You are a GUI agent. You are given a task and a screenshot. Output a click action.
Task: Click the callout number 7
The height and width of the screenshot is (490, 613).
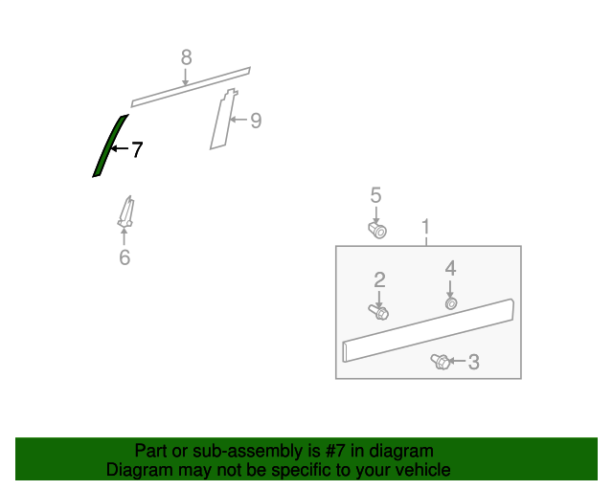pos(137,149)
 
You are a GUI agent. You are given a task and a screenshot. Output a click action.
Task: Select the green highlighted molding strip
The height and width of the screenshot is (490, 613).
pos(109,146)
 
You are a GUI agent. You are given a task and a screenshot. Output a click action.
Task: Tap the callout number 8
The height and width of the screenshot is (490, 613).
pos(187,57)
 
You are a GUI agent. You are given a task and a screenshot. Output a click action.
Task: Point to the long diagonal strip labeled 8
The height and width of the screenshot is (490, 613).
pos(191,87)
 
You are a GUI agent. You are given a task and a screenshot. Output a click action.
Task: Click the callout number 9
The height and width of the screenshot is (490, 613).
pos(256,121)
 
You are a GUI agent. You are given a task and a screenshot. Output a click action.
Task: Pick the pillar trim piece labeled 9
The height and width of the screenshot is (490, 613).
pos(223,119)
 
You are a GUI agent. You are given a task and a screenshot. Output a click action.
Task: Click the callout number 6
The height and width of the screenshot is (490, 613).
pos(125,257)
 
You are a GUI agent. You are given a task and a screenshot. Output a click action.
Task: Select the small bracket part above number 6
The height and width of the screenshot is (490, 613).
pos(126,212)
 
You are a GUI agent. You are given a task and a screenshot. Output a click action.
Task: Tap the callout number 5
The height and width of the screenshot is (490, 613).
pos(375,195)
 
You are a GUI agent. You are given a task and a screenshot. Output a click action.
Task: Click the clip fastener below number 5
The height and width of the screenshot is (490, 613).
pos(377,230)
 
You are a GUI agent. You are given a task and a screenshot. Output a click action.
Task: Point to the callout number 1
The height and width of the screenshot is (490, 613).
pos(425,227)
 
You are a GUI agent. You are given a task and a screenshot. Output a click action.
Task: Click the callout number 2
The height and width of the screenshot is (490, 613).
pos(379,280)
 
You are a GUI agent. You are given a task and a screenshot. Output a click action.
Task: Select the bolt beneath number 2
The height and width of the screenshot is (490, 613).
pos(378,312)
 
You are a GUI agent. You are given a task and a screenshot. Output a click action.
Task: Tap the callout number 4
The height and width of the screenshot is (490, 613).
pos(450,268)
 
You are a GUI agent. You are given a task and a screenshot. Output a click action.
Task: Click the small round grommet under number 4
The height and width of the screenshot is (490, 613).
pos(451,303)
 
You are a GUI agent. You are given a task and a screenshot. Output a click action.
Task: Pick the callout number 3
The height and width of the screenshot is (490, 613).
pos(474,362)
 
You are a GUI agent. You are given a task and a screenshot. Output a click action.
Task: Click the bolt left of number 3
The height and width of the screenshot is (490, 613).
pos(441,362)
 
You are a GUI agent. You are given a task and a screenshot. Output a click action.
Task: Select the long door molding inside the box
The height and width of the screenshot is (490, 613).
pos(428,330)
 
